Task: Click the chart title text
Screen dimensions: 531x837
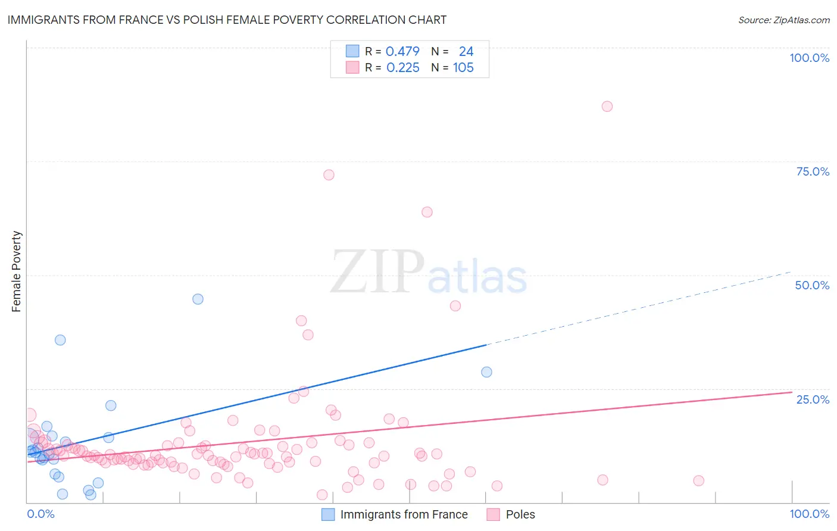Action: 227,20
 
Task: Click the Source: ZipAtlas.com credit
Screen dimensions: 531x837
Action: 783,20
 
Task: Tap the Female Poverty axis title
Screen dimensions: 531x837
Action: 17,271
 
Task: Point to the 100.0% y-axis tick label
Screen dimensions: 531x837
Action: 809,58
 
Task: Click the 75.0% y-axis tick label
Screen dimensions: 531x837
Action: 813,171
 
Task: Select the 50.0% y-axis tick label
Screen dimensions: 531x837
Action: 812,285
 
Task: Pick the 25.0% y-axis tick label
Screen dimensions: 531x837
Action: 813,399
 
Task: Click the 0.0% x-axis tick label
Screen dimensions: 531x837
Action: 40,514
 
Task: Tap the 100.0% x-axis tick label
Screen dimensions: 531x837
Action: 809,514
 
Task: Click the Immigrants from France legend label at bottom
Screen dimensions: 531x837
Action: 404,514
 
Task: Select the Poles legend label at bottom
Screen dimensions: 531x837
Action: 520,514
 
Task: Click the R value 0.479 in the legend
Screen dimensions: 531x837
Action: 402,51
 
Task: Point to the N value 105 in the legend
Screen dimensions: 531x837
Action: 463,68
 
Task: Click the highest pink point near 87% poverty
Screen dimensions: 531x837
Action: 607,107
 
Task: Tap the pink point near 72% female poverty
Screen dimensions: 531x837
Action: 329,175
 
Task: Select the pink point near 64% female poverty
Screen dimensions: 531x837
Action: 427,212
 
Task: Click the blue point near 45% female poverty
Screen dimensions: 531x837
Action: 198,299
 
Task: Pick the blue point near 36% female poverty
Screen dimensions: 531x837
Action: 60,340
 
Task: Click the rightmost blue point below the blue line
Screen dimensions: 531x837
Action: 486,372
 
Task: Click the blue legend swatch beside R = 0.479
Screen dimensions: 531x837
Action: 352,51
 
